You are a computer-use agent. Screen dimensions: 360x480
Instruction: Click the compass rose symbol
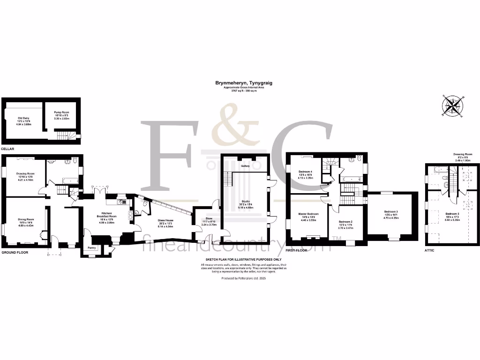(x=453, y=105)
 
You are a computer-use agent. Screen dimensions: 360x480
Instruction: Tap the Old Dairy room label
(x=24, y=118)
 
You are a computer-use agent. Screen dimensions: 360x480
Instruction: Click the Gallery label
(x=245, y=166)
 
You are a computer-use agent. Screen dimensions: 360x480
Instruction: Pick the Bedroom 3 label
(x=390, y=212)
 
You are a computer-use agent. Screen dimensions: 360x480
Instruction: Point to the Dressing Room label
(x=462, y=154)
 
